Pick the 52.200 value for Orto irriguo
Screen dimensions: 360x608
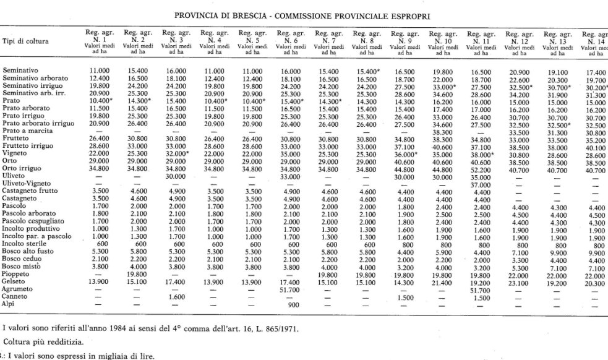(x=480, y=169)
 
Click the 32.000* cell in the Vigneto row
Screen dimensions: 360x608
(x=177, y=153)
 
